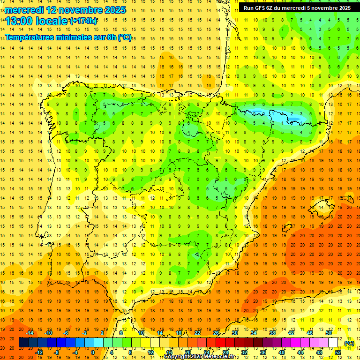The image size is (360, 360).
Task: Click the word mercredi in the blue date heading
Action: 24,10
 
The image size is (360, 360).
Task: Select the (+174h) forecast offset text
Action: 83,21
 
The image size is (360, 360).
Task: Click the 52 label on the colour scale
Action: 337,352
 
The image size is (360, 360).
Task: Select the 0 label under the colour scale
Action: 92,352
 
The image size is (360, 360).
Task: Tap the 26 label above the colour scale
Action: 216,333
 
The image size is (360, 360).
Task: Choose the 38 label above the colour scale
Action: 272,333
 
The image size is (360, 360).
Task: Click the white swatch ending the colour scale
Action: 333,343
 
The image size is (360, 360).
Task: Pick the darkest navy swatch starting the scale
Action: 23,343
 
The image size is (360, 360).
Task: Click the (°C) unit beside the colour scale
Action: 349,343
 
